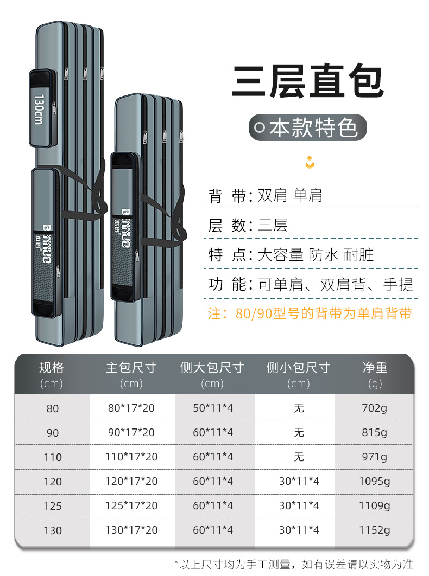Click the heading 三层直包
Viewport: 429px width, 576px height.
coord(308,82)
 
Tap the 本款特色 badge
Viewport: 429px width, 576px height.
coord(308,129)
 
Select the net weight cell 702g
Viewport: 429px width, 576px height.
coord(374,408)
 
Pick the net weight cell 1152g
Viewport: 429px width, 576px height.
coord(374,530)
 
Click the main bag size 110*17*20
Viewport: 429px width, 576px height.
coord(131,457)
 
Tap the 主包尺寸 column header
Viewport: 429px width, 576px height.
coord(131,368)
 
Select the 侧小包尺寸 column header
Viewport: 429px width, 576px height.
coord(299,368)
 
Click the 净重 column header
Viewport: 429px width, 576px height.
coord(375,368)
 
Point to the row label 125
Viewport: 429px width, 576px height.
coord(52,506)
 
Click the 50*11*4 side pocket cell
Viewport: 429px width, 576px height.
coord(213,408)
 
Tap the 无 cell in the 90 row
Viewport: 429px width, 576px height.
coord(299,432)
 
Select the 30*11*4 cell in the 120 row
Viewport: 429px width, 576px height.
coord(299,481)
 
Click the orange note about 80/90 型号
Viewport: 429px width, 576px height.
coord(310,313)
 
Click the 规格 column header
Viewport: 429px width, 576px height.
coord(52,368)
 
